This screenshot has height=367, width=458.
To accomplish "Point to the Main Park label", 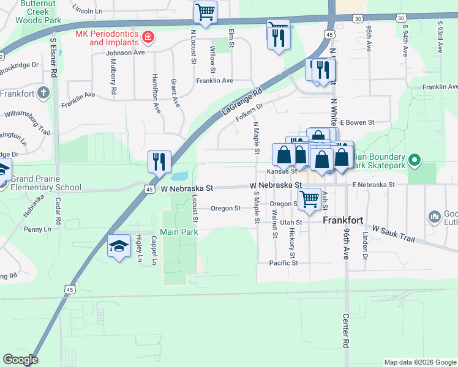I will (178, 232).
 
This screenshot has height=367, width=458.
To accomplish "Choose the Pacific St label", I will (283, 263).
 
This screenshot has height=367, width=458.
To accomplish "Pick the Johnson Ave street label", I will (125, 53).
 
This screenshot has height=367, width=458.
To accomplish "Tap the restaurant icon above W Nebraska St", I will (159, 161).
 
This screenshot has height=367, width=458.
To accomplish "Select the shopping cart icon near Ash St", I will (310, 198).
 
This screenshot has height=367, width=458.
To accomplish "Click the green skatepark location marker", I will (415, 161).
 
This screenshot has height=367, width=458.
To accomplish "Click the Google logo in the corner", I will (20, 360).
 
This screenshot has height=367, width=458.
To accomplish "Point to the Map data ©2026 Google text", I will (419, 362).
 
